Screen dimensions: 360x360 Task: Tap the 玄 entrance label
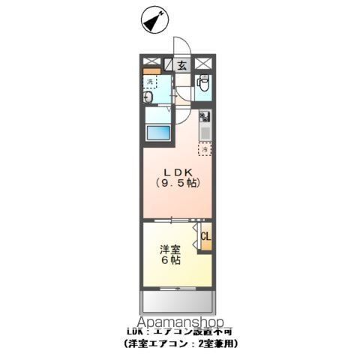(182, 65)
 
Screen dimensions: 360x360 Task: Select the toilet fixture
(202, 85)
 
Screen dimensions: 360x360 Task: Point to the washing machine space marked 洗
(151, 82)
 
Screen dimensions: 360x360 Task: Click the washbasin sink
(148, 97)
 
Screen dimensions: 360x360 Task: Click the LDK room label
(177, 170)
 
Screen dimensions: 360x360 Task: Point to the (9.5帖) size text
(178, 183)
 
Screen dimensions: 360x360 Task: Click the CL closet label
(205, 237)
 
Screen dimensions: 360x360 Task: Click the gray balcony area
(178, 302)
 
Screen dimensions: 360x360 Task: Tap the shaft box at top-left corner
(149, 63)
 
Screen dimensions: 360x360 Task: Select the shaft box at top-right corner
(209, 63)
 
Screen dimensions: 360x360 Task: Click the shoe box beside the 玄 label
(169, 65)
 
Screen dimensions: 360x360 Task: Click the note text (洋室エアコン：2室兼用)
(180, 342)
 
